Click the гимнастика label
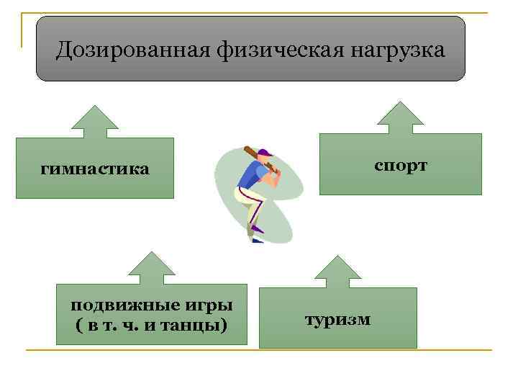click(x=95, y=169)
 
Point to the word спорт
click(x=401, y=166)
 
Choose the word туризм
click(x=337, y=318)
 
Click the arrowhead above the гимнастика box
click(x=95, y=119)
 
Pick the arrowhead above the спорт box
click(x=401, y=115)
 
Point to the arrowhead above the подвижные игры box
click(x=151, y=264)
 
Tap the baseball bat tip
click(x=247, y=149)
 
